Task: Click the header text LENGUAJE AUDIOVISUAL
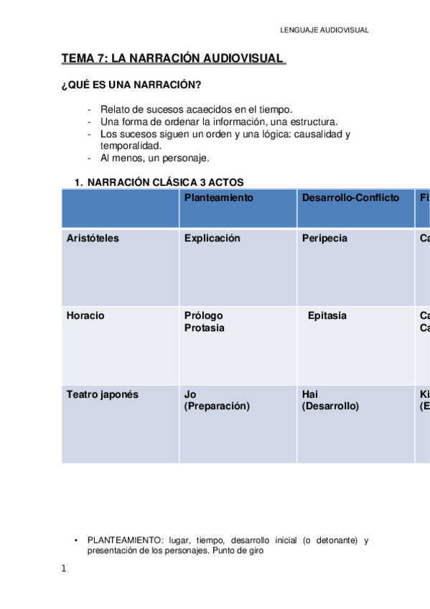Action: pyautogui.click(x=324, y=30)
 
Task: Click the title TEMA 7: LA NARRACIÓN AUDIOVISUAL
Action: pyautogui.click(x=172, y=58)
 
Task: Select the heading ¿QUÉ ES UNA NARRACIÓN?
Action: pyautogui.click(x=131, y=84)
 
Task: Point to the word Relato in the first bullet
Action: pyautogui.click(x=113, y=109)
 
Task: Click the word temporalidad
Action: pyautogui.click(x=131, y=146)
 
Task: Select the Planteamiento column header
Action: pyautogui.click(x=218, y=197)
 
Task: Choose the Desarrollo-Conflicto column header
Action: pyautogui.click(x=350, y=197)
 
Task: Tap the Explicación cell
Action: pyautogui.click(x=212, y=238)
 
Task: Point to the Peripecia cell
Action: pyautogui.click(x=324, y=238)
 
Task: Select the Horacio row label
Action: pyautogui.click(x=85, y=316)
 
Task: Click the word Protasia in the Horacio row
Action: pyautogui.click(x=204, y=328)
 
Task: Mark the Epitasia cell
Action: pyautogui.click(x=327, y=316)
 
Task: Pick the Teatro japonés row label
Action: pyautogui.click(x=102, y=394)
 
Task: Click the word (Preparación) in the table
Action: pyautogui.click(x=217, y=406)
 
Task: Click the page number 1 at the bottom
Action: pyautogui.click(x=64, y=569)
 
